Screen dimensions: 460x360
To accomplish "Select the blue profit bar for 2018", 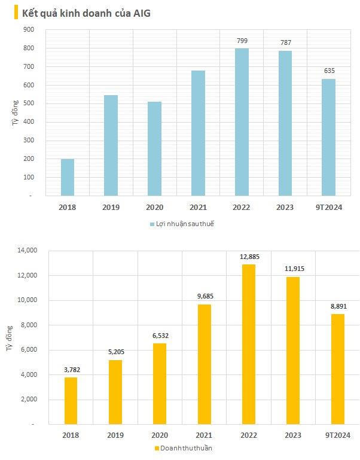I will [67, 177].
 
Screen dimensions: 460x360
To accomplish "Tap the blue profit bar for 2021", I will [199, 133].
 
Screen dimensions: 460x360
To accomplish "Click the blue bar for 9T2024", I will [328, 137].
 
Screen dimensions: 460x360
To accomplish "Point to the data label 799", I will [242, 41].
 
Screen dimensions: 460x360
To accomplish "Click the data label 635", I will [328, 71].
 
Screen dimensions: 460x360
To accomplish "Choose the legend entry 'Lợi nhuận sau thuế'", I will [181, 224].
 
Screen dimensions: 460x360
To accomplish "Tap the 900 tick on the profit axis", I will [29, 29].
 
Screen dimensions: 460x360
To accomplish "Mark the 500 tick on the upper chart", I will [29, 103].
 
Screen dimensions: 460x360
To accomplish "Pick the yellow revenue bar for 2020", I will [160, 383].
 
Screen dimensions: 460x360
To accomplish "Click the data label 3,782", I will [71, 370].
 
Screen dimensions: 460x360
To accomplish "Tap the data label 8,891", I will [337, 306].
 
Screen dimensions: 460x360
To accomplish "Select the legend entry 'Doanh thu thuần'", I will [184, 447].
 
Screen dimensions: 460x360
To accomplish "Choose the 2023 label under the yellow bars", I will [293, 435].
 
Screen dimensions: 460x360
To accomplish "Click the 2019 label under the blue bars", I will [111, 207].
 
